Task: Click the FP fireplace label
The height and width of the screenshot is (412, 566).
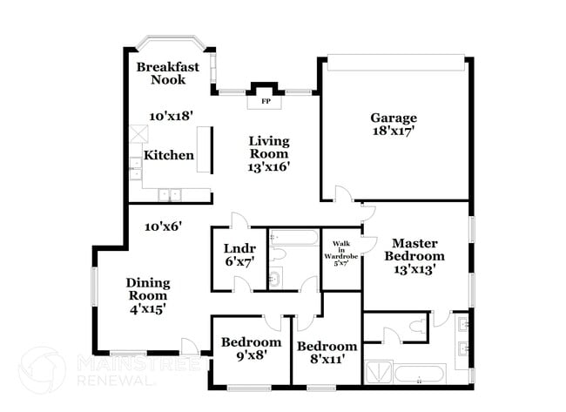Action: coord(266,101)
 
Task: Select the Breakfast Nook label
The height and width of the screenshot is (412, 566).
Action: coord(167,72)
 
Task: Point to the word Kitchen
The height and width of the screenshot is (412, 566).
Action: coord(169,155)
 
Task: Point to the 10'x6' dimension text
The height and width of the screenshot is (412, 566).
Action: coord(163,226)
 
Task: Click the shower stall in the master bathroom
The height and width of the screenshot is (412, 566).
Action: coord(377,374)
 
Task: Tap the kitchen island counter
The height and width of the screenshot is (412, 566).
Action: coord(204,150)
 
